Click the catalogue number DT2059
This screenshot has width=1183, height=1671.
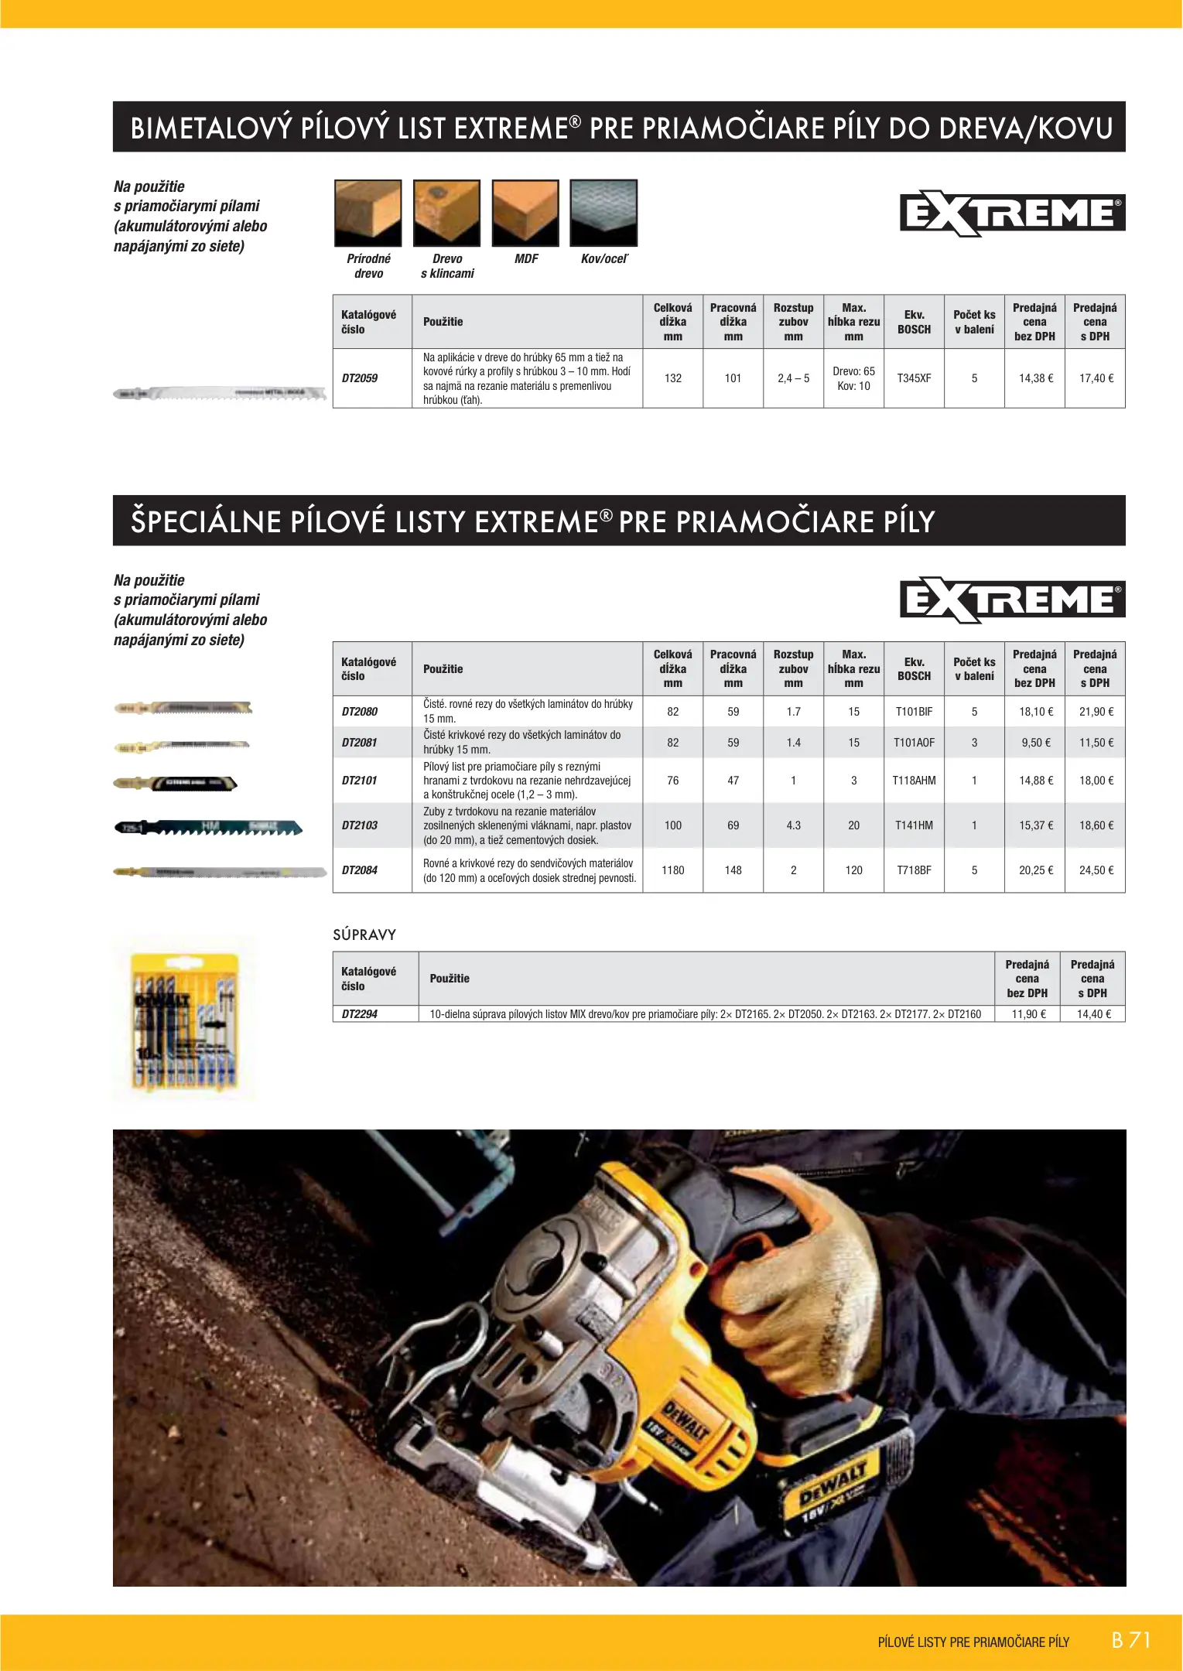point(360,378)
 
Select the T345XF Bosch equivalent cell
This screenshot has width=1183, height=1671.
point(914,378)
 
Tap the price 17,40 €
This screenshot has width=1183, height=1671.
point(1096,378)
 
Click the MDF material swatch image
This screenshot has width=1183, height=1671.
point(525,213)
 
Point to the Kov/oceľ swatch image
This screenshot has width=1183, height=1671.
point(603,213)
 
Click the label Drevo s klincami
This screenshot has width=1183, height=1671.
point(447,266)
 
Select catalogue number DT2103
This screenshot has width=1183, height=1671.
point(360,825)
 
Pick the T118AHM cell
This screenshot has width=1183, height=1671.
point(914,781)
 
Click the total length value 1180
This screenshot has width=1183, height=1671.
point(672,870)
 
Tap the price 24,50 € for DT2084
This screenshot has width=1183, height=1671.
point(1096,870)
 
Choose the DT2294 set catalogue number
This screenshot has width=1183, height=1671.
point(360,1014)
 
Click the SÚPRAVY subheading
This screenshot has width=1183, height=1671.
point(364,935)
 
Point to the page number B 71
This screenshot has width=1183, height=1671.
point(1131,1640)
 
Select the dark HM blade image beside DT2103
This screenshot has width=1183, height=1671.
point(208,828)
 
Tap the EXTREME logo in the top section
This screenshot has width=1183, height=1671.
point(1012,213)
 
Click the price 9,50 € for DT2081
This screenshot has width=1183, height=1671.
point(1035,743)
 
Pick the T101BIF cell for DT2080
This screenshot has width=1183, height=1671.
point(914,712)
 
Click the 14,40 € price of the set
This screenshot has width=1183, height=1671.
point(1093,1014)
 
